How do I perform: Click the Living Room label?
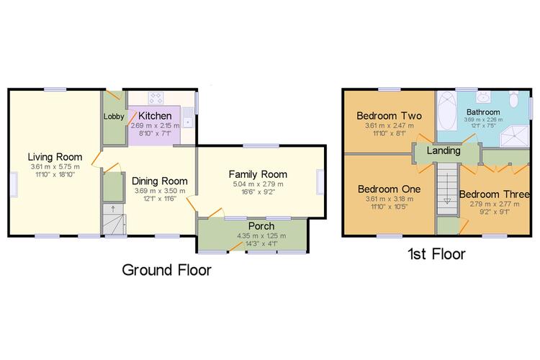[x=55, y=157]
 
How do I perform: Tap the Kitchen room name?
[x=155, y=116]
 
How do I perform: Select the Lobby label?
[x=114, y=117]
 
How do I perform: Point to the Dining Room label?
[x=159, y=181]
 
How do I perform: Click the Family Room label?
[x=258, y=174]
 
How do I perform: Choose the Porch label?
[x=261, y=226]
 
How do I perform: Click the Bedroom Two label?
[x=389, y=116]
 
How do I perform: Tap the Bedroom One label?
[x=389, y=189]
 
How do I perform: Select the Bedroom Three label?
[x=494, y=194]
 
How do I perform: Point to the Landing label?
[x=444, y=150]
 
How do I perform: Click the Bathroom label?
[x=483, y=112]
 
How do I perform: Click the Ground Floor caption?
[x=167, y=270]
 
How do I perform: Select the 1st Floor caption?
[x=436, y=254]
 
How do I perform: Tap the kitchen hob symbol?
[x=156, y=98]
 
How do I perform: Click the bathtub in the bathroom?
[x=447, y=111]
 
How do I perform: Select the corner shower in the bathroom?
[x=514, y=136]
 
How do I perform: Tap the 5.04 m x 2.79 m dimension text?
[x=258, y=184]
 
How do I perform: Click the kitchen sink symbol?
[x=188, y=117]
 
